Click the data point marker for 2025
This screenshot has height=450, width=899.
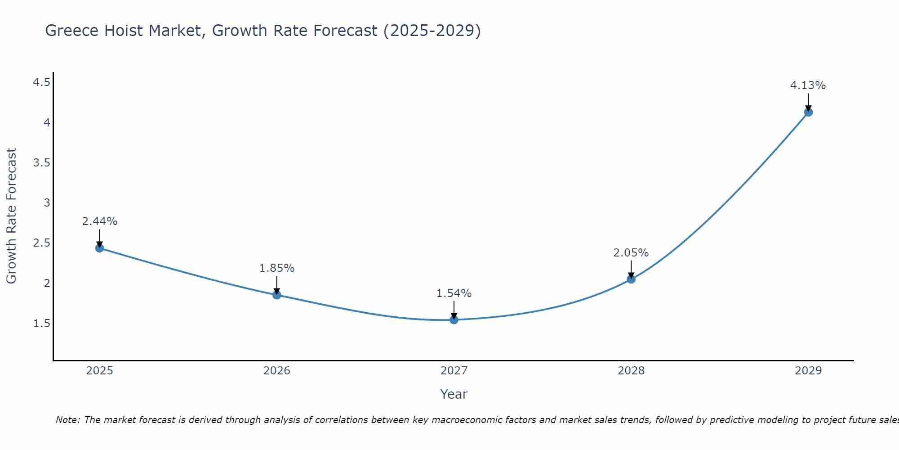coord(100,248)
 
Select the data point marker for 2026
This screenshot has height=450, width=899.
coord(277,295)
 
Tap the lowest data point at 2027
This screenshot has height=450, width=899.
coord(454,320)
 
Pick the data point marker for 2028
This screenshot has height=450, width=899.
coord(631,279)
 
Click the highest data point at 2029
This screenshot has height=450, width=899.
coord(808,112)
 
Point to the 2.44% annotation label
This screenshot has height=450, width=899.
coord(100,221)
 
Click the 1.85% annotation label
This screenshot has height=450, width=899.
coord(277,268)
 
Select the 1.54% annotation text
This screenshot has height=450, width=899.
coord(454,293)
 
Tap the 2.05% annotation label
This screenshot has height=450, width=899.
coord(631,253)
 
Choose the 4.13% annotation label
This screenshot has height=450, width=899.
coord(808,85)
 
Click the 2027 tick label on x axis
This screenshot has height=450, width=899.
coord(454,371)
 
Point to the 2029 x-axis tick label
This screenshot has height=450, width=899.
coord(808,371)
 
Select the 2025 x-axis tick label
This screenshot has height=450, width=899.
coord(100,371)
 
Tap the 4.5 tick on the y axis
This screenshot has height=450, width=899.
coord(41,82)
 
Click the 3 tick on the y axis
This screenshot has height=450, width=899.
coord(47,203)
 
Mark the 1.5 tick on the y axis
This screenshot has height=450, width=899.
coord(41,324)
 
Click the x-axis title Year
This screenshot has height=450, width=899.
coord(454,394)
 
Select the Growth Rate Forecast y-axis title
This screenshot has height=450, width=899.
coord(11,216)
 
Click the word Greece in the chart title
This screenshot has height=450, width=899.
coord(72,31)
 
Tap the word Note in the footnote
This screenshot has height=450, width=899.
coord(67,420)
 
